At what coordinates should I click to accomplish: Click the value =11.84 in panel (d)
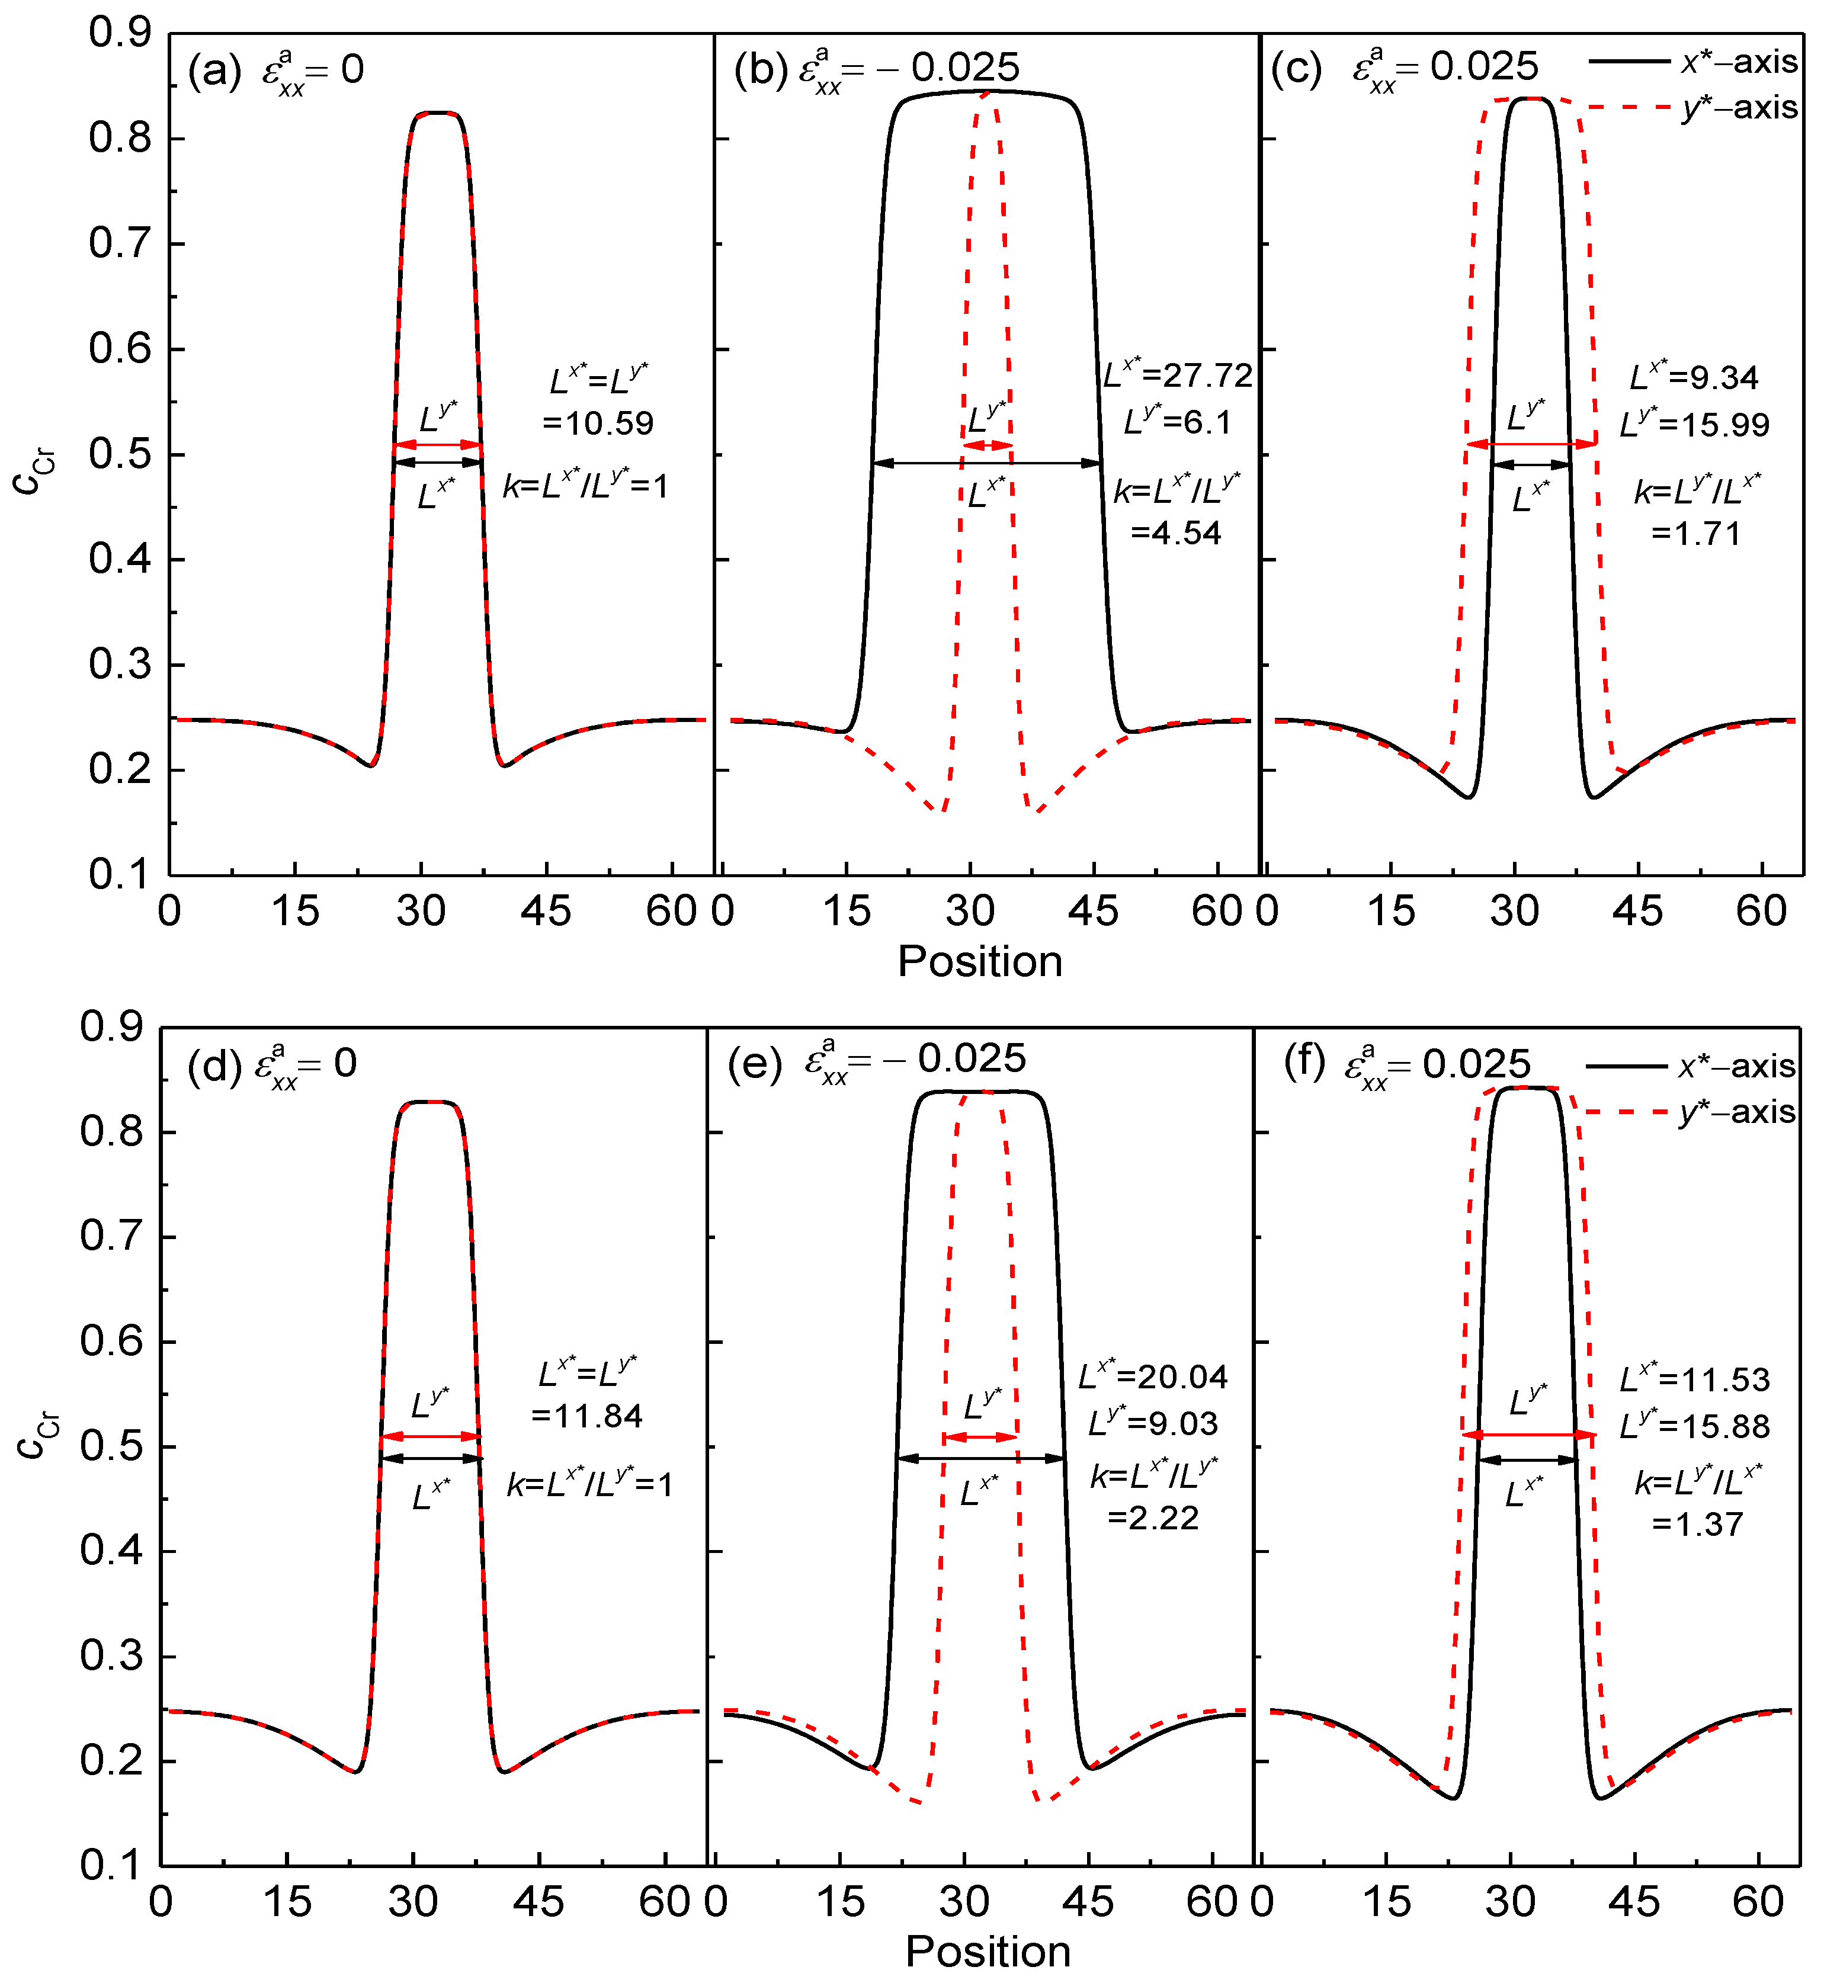tap(586, 1416)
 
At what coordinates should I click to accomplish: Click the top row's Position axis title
tap(979, 961)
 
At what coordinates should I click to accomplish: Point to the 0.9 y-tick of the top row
tap(120, 33)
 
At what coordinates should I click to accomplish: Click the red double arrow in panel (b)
tap(987, 446)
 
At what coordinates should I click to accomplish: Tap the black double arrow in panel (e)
tap(980, 1458)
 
